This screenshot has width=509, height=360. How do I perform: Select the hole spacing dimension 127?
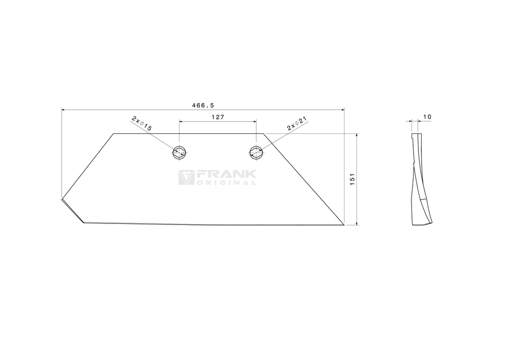click(x=218, y=117)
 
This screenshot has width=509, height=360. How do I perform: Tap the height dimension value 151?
click(x=352, y=179)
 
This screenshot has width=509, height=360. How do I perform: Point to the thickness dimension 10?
click(x=428, y=116)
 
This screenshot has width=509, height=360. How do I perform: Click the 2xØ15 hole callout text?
click(x=142, y=124)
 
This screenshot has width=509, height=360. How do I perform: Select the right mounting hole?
click(x=256, y=152)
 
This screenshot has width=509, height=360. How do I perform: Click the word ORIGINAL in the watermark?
click(x=227, y=183)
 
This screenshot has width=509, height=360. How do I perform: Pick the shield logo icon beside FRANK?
click(x=186, y=178)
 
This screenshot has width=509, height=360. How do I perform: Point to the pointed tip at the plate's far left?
click(x=61, y=200)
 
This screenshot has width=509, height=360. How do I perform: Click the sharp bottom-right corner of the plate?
click(x=343, y=225)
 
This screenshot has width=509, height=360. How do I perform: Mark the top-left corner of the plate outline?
click(x=114, y=133)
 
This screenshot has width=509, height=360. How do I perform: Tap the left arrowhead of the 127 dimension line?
click(x=181, y=122)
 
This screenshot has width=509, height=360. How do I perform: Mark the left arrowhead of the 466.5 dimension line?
click(x=64, y=110)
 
